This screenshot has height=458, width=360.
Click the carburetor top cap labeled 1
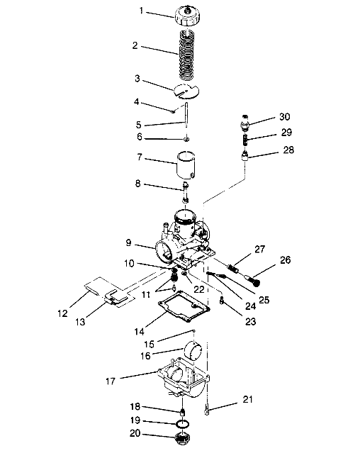(187, 16)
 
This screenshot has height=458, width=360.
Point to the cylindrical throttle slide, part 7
(186, 164)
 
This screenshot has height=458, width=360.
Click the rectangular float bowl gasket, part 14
(184, 306)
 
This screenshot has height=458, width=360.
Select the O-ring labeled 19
(183, 423)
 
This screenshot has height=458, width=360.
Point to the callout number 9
(128, 243)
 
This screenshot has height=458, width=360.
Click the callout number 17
(111, 381)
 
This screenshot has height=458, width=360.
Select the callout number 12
(63, 313)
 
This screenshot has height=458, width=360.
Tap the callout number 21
(247, 399)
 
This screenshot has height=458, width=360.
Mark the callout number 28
(288, 150)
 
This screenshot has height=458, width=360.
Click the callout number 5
(138, 125)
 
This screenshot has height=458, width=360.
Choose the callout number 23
(250, 322)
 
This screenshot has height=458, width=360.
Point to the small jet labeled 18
(183, 412)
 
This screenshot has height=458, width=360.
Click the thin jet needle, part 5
(186, 115)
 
